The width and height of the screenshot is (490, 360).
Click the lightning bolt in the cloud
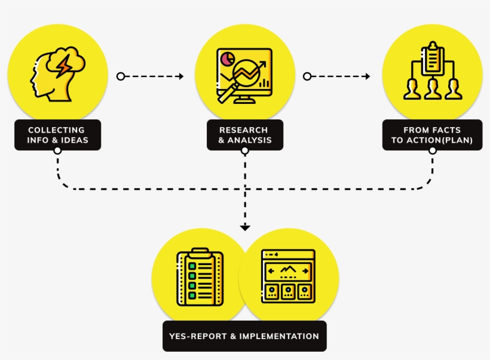(62, 64)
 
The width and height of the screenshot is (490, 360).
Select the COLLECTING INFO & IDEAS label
(57, 135)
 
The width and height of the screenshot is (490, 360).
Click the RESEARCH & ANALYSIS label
(244, 135)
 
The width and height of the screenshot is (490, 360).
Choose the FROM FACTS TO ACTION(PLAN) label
(432, 135)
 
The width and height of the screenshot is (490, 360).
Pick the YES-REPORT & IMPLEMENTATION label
(244, 336)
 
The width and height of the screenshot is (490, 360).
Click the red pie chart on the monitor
(226, 59)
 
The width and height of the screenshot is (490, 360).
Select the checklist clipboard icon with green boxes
(200, 278)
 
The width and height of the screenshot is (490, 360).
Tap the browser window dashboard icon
(288, 275)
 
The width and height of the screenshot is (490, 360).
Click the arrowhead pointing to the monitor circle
(180, 76)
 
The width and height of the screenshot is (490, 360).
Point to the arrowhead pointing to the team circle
(367, 76)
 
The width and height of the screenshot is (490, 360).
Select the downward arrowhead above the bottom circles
(244, 227)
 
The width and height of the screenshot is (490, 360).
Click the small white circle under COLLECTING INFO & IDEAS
(57, 150)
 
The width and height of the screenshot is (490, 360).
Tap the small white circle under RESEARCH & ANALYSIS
(244, 150)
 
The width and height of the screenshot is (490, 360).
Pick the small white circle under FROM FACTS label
(432, 150)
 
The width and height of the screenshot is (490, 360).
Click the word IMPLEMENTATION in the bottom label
(279, 336)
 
